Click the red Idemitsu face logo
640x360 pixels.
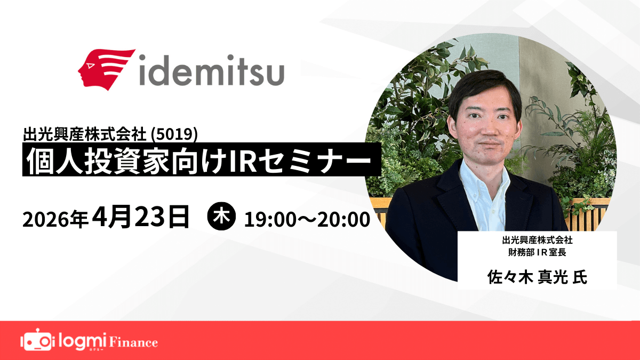click(x=106, y=70)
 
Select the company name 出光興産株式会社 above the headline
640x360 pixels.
click(x=87, y=132)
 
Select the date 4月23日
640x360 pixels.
click(x=141, y=218)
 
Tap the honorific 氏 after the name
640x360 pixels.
click(x=580, y=277)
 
